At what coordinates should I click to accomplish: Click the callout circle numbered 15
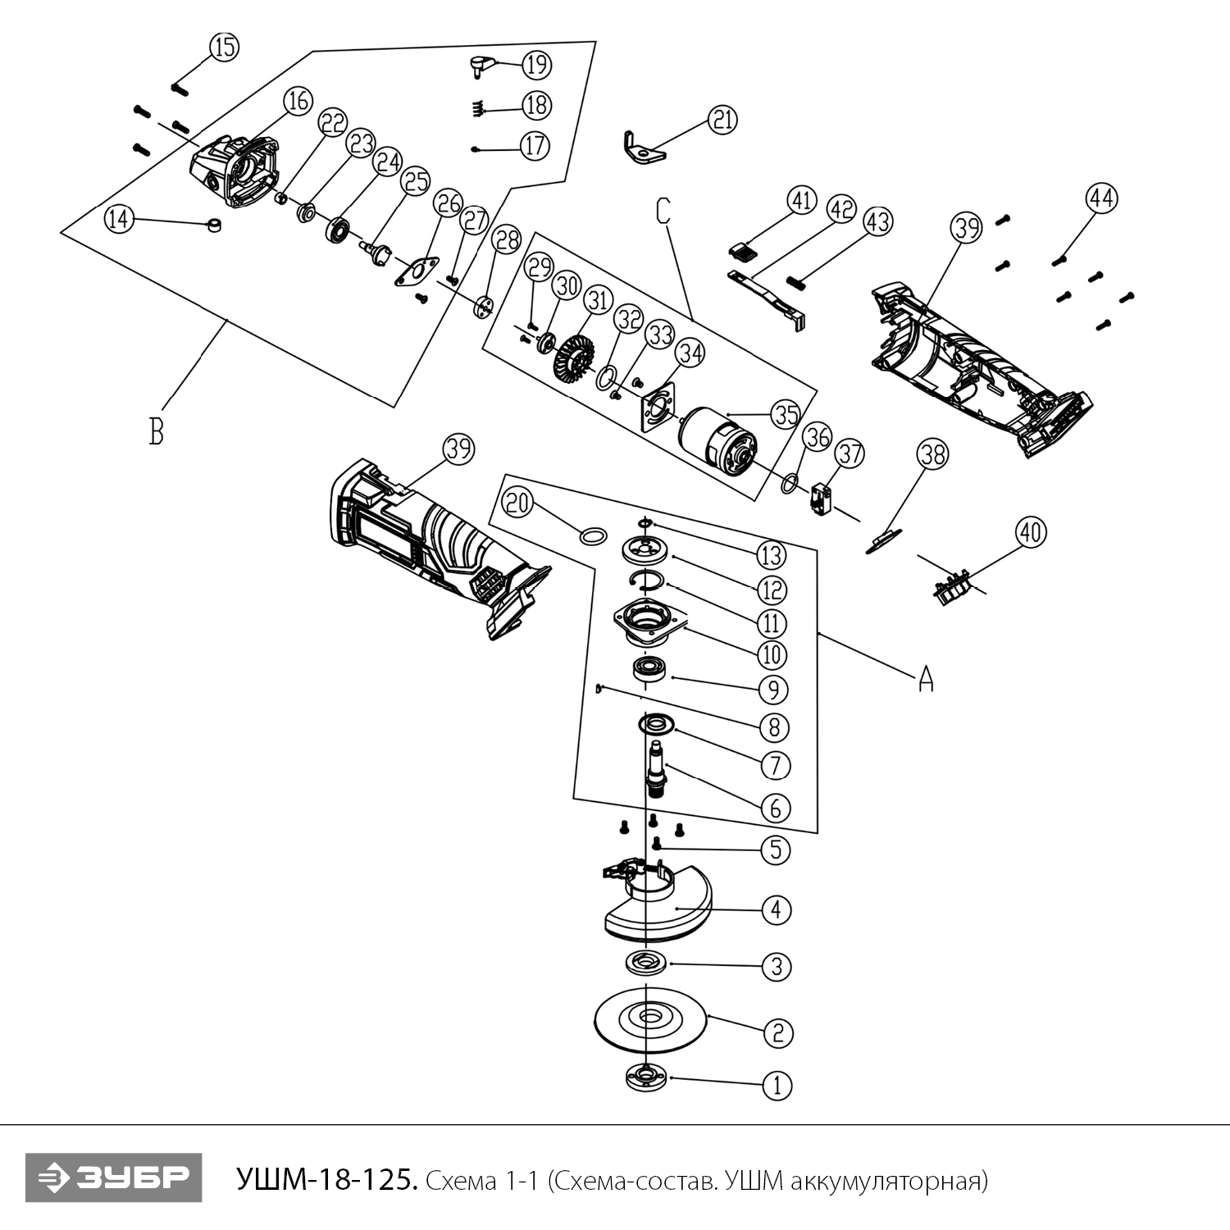pos(223,48)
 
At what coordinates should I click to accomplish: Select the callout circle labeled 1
pos(777,1086)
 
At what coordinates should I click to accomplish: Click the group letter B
pos(156,430)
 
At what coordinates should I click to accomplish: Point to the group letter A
pos(926,678)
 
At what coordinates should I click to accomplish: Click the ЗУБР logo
pos(113,1178)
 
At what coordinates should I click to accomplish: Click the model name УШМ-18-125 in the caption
pos(327,1180)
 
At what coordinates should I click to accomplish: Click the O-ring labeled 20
pos(594,536)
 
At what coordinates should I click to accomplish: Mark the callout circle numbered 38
pos(932,455)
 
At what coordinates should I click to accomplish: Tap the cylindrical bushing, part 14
pos(215,225)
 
